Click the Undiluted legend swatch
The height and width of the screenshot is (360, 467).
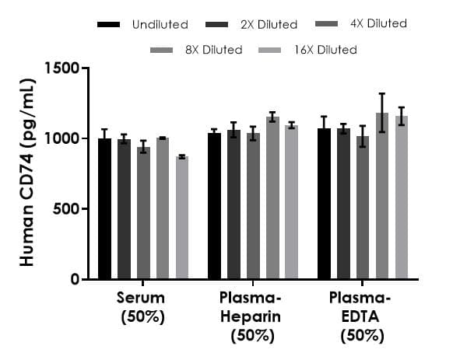click(109, 25)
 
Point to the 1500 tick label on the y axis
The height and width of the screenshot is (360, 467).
click(63, 68)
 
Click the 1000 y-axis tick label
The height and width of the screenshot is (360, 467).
click(63, 138)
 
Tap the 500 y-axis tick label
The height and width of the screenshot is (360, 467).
click(67, 209)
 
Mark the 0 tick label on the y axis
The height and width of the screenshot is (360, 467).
click(75, 279)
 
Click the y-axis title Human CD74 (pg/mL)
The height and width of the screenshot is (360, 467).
click(28, 173)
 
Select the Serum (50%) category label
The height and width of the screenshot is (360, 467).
click(143, 308)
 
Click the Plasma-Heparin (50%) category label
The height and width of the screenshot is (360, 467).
click(252, 317)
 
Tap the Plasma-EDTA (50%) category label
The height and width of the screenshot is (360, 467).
click(362, 317)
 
